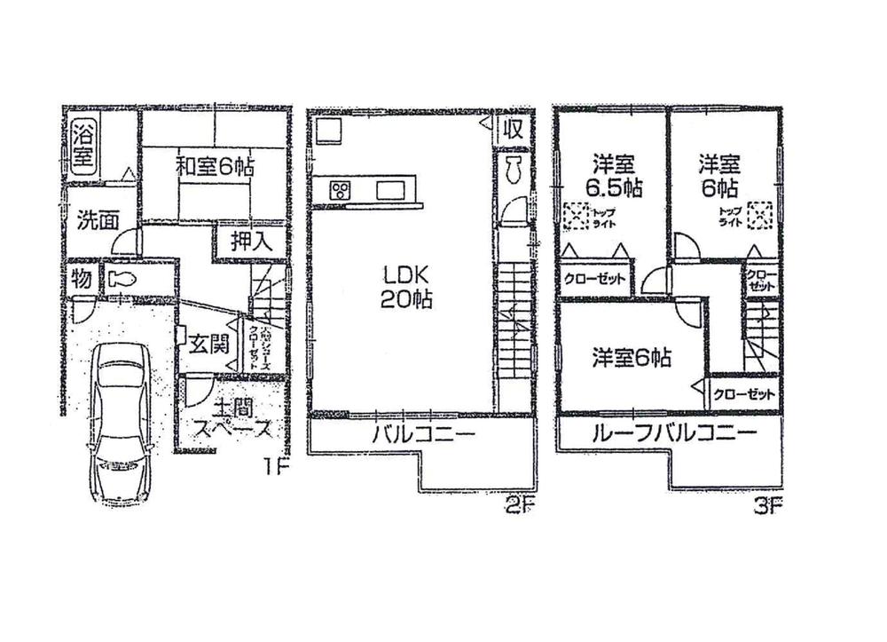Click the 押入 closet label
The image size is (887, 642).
coord(239,241)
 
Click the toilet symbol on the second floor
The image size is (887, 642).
coord(513,171)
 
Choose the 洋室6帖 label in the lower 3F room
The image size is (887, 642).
coord(632,358)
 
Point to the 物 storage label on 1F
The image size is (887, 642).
coord(82,279)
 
